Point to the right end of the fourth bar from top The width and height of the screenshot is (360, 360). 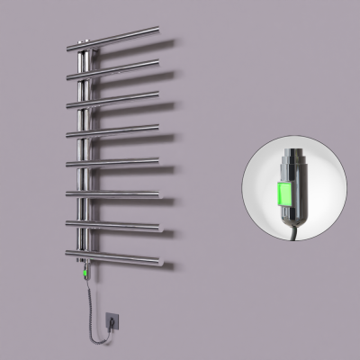tap(159, 125)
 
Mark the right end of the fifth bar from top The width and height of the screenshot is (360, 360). tap(158, 159)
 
